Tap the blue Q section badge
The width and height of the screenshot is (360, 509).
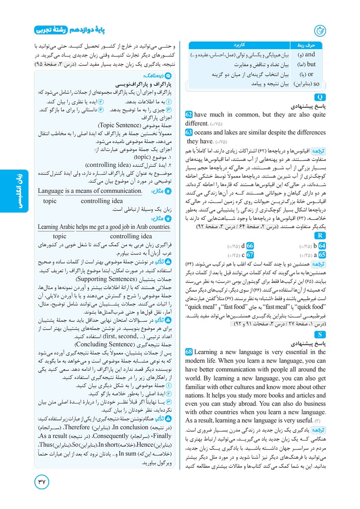click(x=321, y=97)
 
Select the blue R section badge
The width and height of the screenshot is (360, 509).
click(x=321, y=236)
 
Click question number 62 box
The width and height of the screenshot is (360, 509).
click(x=189, y=115)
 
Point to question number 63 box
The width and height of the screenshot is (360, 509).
click(x=189, y=132)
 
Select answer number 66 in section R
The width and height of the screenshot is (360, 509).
click(x=250, y=246)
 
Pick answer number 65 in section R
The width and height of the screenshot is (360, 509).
click(x=322, y=254)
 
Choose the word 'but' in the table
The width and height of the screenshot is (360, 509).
click(x=311, y=64)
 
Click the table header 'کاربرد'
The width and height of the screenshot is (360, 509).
click(x=238, y=45)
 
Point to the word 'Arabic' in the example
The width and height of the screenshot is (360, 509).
click(x=74, y=227)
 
